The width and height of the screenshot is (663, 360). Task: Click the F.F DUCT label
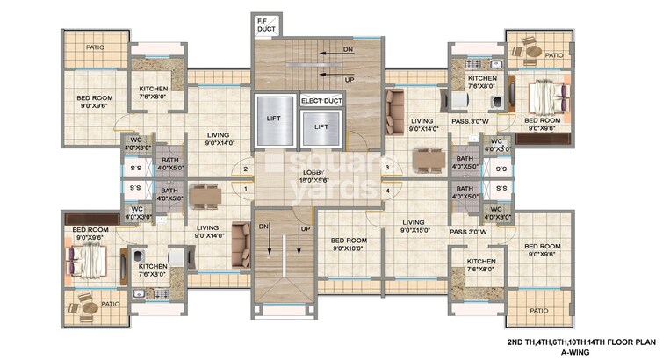264,25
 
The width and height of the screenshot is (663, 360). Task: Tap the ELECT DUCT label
322,101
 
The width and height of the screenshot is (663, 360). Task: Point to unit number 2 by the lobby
245,169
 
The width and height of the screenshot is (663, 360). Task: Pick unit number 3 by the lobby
386,169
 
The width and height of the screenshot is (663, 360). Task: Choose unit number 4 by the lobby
386,189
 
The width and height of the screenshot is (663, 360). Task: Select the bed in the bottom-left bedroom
87,258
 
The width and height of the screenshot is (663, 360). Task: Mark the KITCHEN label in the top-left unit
156,92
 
